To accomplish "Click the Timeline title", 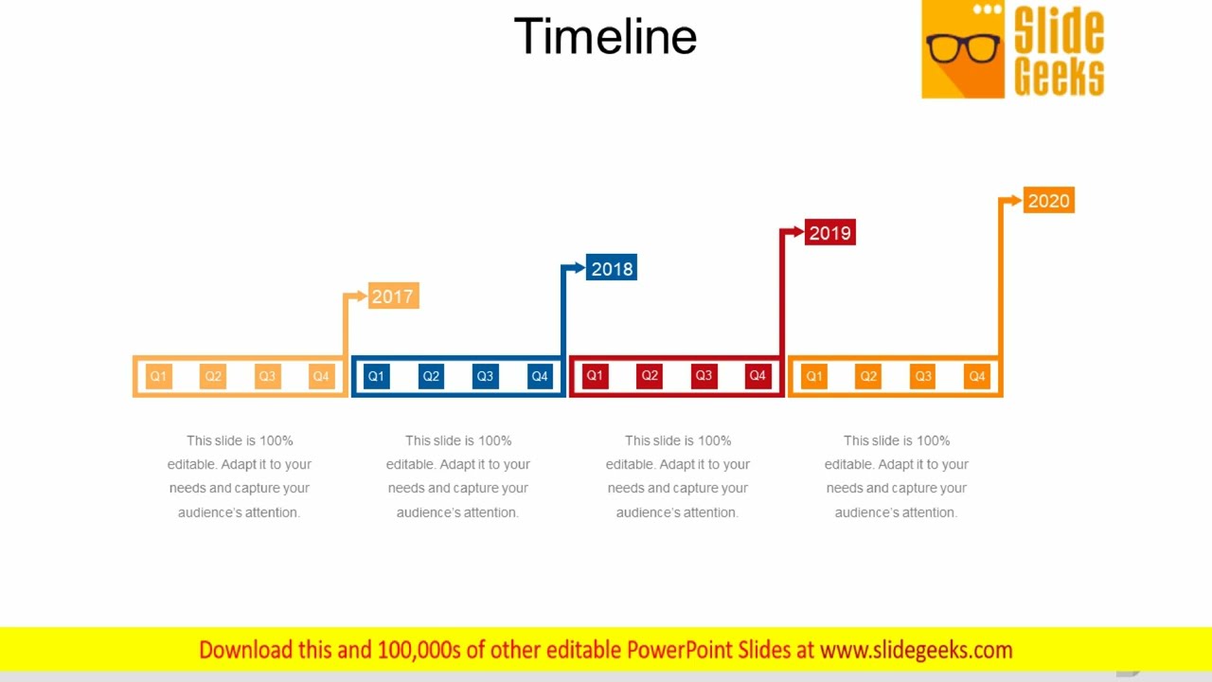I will [x=605, y=37].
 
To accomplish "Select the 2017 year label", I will [x=393, y=296].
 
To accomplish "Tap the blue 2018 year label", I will [x=612, y=269].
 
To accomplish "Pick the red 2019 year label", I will [x=830, y=233].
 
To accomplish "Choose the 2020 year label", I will [x=1048, y=201].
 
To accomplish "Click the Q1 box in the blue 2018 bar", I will [x=376, y=377].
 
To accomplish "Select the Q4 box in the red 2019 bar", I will [x=757, y=376].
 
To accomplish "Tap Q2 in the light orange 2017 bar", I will [x=213, y=377].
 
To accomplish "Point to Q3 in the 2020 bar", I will [x=923, y=377].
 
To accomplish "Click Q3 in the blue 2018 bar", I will [x=485, y=377].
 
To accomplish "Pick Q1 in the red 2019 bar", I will [x=595, y=376].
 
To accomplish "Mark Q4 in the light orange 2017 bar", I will [x=321, y=377].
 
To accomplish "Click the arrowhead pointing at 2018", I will [x=579, y=269].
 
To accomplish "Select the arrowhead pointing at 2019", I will [x=797, y=232].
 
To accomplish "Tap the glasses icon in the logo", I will [x=963, y=47].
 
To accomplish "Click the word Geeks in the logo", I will [x=1059, y=77].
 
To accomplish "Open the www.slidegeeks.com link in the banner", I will [x=916, y=650].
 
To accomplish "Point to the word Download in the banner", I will [x=245, y=650].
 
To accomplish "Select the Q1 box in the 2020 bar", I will [x=813, y=377].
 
